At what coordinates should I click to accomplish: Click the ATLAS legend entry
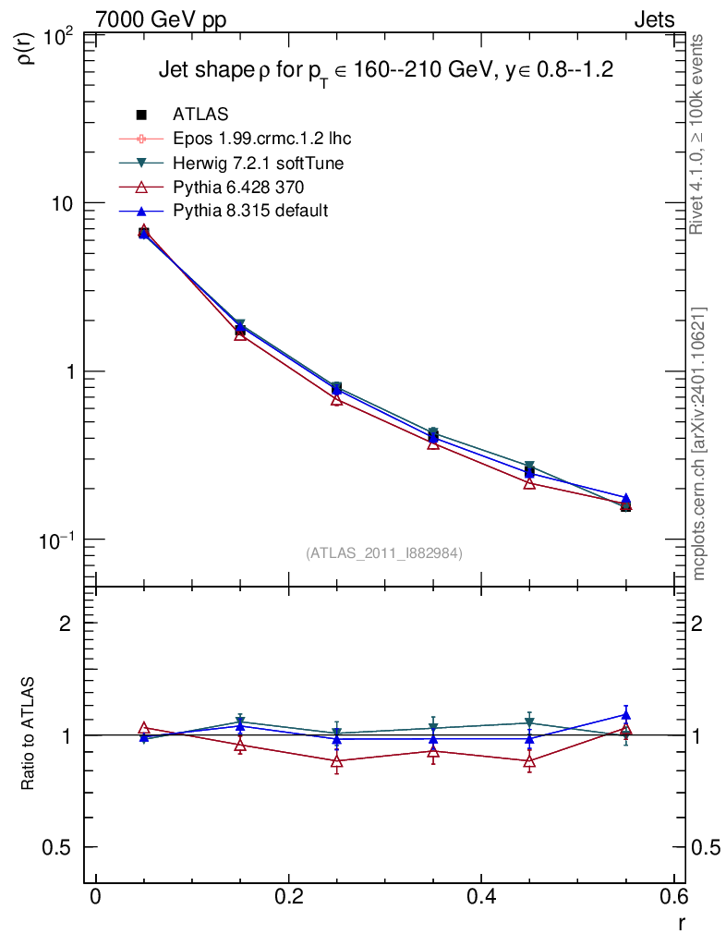click(200, 115)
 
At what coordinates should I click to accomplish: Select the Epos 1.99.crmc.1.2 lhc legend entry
click(261, 139)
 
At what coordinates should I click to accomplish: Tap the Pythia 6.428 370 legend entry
click(238, 188)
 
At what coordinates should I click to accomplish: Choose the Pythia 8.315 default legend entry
click(249, 212)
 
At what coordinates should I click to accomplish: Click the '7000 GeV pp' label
click(161, 19)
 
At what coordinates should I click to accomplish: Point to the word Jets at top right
click(654, 19)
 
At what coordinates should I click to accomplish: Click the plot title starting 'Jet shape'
click(386, 70)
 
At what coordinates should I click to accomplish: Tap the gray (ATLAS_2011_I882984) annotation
click(384, 552)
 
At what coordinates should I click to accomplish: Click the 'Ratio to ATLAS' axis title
click(29, 734)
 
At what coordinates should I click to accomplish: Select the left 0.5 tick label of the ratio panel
click(65, 847)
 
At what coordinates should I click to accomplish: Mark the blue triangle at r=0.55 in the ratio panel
click(625, 714)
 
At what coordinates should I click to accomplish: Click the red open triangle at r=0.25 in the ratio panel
click(337, 761)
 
